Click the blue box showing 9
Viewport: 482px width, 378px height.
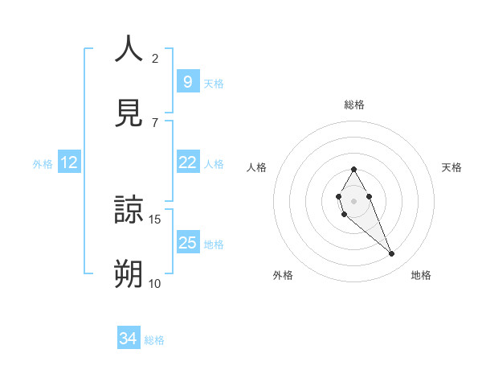[187, 81]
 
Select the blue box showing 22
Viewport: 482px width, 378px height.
[187, 162]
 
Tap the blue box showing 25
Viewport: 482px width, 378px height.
[187, 243]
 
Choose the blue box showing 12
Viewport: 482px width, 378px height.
[69, 162]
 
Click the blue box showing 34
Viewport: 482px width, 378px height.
[129, 339]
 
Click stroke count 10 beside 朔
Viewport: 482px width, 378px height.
[155, 283]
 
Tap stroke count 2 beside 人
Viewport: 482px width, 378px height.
[155, 58]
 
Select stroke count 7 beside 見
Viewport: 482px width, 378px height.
[155, 122]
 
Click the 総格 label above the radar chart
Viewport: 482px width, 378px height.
[353, 105]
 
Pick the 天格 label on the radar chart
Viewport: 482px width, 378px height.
[451, 167]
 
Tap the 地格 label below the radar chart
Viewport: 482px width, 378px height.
[421, 275]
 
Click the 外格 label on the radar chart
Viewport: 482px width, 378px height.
[283, 275]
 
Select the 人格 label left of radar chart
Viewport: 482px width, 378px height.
[256, 167]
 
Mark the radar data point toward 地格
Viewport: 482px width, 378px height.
[392, 254]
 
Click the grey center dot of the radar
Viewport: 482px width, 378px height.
[353, 199]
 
